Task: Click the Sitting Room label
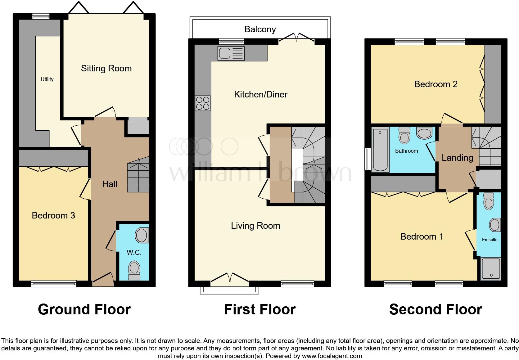coord(106,69)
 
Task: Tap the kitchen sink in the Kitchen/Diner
coord(231,53)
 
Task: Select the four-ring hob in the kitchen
coord(203,103)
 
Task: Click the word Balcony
coord(260,29)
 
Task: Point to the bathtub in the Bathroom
coord(380,150)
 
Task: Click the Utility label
coord(47,79)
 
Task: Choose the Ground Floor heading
coord(84,309)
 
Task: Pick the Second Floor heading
coord(436,309)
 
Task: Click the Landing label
coord(457,158)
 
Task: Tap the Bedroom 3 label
coord(53,216)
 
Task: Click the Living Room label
coord(255,226)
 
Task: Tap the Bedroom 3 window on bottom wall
coord(54,283)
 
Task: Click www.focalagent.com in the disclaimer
coord(332,356)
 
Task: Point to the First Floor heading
coord(259,309)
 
